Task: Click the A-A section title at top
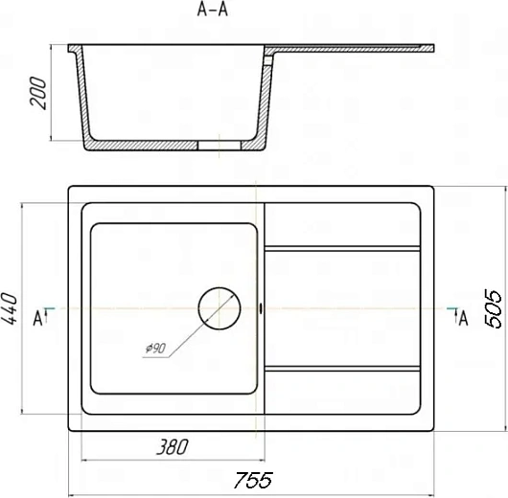pyautogui.click(x=213, y=9)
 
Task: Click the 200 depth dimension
pyautogui.click(x=38, y=93)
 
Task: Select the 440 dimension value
pyautogui.click(x=9, y=308)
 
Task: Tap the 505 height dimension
pyautogui.click(x=493, y=309)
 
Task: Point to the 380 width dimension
pyautogui.click(x=172, y=447)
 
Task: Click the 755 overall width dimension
pyautogui.click(x=253, y=480)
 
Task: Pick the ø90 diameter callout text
pyautogui.click(x=156, y=349)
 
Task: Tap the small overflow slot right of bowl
pyautogui.click(x=261, y=308)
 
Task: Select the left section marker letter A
pyautogui.click(x=38, y=318)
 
